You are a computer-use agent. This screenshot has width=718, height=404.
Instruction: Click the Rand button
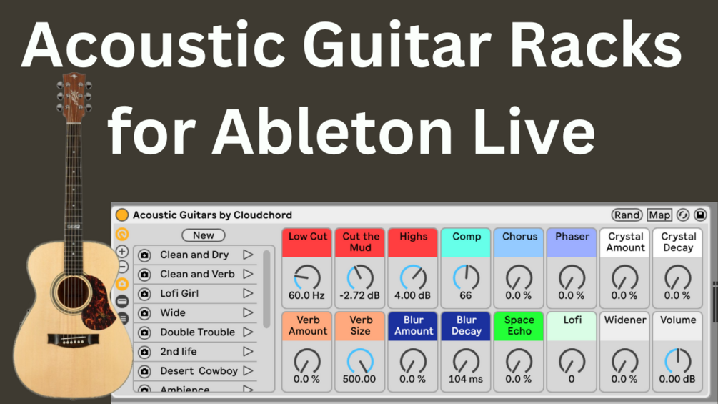627,215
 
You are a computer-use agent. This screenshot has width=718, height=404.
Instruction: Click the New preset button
203,235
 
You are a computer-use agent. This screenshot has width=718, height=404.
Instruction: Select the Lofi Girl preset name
179,293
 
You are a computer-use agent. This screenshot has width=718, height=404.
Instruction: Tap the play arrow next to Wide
248,312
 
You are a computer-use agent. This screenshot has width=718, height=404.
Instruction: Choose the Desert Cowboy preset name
199,371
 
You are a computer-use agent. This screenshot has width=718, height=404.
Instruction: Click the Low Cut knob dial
307,277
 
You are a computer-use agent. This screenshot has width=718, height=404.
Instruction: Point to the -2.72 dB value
360,295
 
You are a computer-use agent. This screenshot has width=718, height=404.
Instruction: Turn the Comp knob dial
466,277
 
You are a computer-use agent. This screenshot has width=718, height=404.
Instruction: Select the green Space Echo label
519,325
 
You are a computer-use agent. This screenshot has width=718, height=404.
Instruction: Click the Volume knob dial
677,360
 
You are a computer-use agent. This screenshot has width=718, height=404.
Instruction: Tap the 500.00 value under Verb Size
359,379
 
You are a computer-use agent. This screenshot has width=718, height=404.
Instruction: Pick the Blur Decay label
466,325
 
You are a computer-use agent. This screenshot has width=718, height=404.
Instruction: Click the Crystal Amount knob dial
625,277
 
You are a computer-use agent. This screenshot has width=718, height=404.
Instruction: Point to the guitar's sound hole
72,293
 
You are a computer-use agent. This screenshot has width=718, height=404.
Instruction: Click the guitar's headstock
74,96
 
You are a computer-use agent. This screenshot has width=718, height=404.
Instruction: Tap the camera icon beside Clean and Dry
144,255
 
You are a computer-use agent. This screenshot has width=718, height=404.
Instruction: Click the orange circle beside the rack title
122,215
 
